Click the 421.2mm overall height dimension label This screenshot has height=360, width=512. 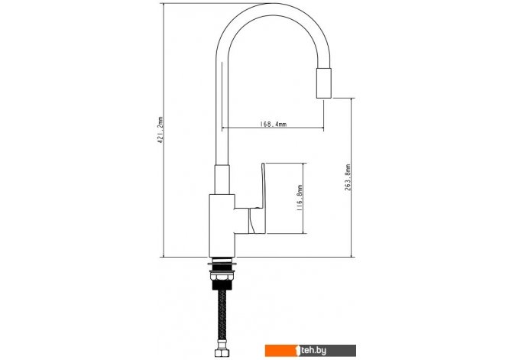[160, 131]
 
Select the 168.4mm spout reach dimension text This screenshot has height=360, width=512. [273, 124]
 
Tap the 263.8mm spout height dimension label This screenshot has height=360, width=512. [348, 177]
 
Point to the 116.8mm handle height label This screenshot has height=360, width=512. [300, 198]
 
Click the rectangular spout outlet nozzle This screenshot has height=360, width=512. [324, 83]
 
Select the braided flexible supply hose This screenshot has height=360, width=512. [222, 319]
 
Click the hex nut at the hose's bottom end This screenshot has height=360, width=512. [222, 352]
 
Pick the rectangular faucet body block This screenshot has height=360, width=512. [222, 225]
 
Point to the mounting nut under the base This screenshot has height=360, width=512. [222, 277]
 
